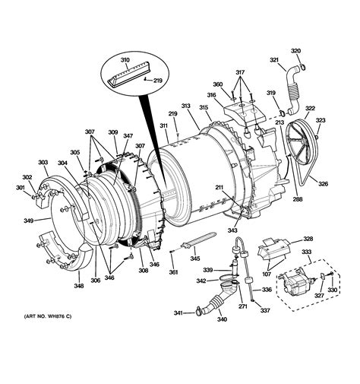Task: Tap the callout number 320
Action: [x=296, y=50]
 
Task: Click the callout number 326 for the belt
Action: [x=323, y=183]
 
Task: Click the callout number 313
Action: [x=185, y=106]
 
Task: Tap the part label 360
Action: [x=217, y=84]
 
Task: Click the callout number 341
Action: [x=178, y=313]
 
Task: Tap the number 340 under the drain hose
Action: [x=223, y=319]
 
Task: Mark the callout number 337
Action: [x=265, y=310]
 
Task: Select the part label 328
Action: [x=308, y=238]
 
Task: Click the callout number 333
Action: [x=308, y=252]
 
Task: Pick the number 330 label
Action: [x=333, y=290]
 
